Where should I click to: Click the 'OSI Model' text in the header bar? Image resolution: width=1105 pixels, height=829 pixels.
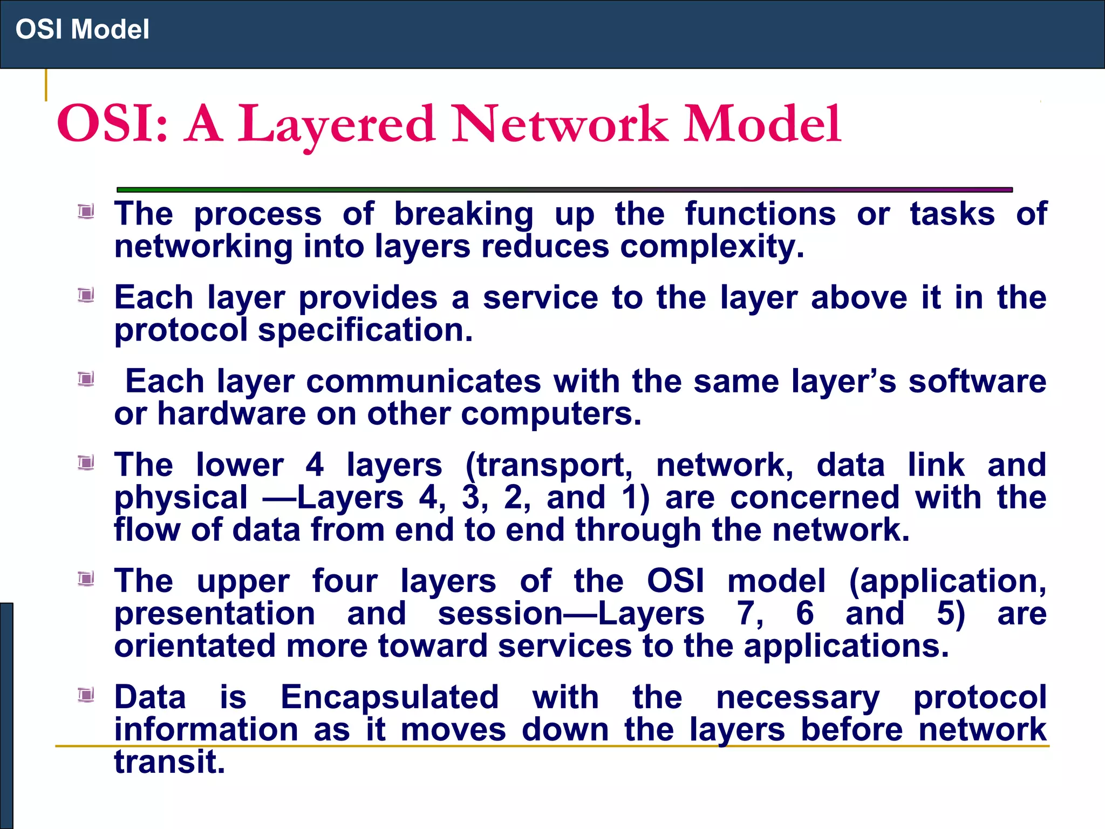(x=82, y=29)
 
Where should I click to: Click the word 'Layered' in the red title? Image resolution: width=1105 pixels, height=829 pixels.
(x=336, y=125)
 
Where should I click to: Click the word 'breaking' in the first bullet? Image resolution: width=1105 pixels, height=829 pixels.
(x=463, y=214)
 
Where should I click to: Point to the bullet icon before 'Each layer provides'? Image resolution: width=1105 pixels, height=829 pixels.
(x=86, y=295)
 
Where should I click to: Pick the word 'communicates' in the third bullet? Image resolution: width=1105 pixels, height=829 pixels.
(x=424, y=382)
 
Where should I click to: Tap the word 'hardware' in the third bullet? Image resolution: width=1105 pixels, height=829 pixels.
(x=233, y=414)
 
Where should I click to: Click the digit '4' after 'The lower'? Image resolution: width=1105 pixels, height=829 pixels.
(x=315, y=465)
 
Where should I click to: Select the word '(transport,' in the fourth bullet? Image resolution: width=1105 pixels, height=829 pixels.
(x=549, y=465)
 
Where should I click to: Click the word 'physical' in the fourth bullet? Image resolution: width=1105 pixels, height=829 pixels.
(x=181, y=498)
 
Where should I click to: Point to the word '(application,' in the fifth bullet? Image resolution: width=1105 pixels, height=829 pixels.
(x=947, y=582)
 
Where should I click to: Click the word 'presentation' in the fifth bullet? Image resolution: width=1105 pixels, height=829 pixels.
(x=215, y=614)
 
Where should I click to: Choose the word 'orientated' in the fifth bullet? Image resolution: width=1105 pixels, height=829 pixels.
(x=195, y=647)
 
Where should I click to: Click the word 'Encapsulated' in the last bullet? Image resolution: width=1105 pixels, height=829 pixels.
(x=390, y=697)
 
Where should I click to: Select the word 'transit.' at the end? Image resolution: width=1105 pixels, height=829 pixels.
(x=169, y=763)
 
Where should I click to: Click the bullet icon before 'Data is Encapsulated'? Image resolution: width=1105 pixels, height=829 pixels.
(x=86, y=695)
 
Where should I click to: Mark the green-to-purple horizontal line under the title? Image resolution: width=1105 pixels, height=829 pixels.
(x=564, y=190)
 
